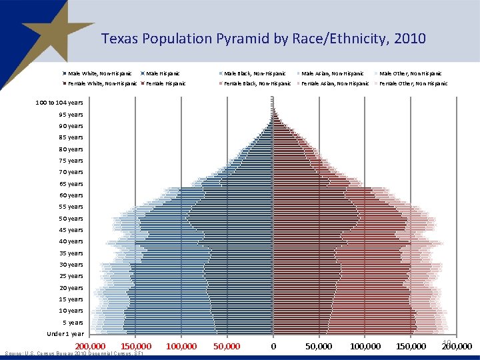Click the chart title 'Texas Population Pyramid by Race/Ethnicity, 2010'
[263, 39]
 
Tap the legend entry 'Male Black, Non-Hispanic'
[255, 73]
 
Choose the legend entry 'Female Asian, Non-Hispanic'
[335, 83]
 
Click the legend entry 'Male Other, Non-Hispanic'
[409, 73]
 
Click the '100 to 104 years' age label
[59, 103]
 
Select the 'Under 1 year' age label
[65, 333]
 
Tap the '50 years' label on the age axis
[71, 219]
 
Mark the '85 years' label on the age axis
[71, 137]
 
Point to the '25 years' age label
[71, 276]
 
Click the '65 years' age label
[71, 184]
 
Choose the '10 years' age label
[71, 311]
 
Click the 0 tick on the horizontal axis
[273, 347]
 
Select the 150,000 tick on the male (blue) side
[136, 347]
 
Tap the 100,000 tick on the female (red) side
[365, 347]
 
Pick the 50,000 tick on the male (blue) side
[227, 347]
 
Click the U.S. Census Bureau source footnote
[73, 354]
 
